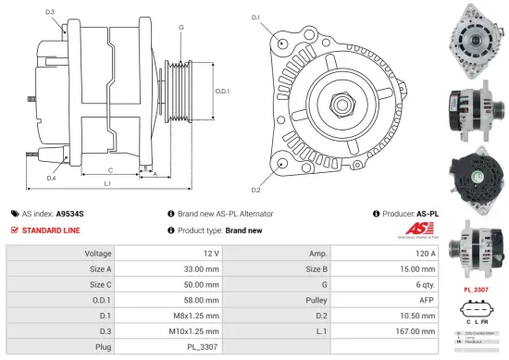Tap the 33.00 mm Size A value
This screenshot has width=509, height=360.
click(x=201, y=269)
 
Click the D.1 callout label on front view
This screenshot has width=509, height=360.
click(x=255, y=18)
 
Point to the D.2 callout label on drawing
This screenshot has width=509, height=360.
click(x=255, y=190)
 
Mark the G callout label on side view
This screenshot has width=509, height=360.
click(x=180, y=28)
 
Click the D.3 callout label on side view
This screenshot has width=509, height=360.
click(x=49, y=12)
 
